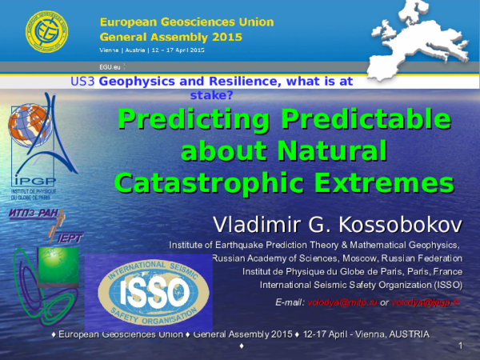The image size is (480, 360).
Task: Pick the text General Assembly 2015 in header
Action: tap(153, 37)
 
